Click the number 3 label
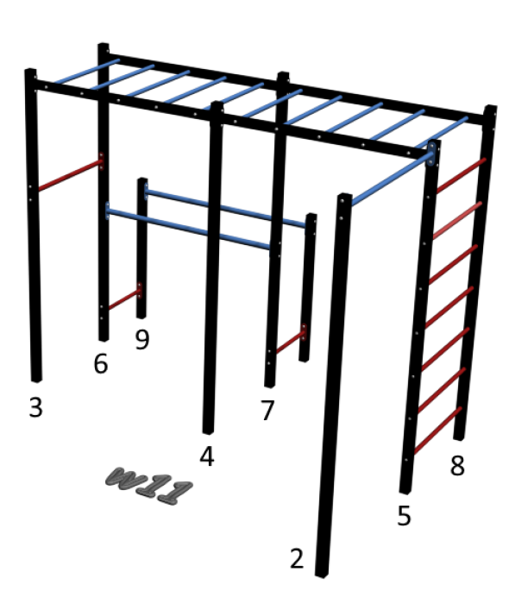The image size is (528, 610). (x=35, y=407)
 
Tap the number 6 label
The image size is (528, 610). (x=101, y=364)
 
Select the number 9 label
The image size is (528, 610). (x=142, y=339)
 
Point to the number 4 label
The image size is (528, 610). (x=207, y=456)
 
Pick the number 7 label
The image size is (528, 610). (x=267, y=410)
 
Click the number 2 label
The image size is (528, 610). (x=297, y=558)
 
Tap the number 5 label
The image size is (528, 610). (x=405, y=515)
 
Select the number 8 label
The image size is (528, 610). (x=457, y=465)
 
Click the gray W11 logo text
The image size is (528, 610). (x=149, y=486)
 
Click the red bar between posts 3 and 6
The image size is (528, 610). (x=69, y=175)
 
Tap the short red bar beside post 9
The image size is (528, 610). (x=124, y=299)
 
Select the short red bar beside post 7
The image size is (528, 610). (x=290, y=343)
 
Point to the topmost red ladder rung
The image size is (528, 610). (x=462, y=175)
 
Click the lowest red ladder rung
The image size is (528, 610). (x=438, y=431)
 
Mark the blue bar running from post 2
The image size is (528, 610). (x=391, y=179)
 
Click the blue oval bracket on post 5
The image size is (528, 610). (x=431, y=154)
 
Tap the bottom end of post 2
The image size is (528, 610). (x=322, y=575)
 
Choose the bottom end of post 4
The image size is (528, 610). (x=208, y=431)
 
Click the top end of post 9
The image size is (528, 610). (x=143, y=180)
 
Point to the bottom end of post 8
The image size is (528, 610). (x=459, y=437)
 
